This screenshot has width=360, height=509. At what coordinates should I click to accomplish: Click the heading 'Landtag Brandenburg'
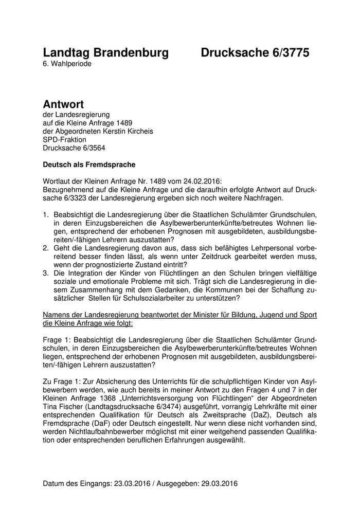point(105,52)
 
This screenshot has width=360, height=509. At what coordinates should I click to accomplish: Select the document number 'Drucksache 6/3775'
point(255,52)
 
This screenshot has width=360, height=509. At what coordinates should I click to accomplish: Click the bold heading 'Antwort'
point(63,104)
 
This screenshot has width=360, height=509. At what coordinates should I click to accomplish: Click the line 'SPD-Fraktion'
point(65,139)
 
